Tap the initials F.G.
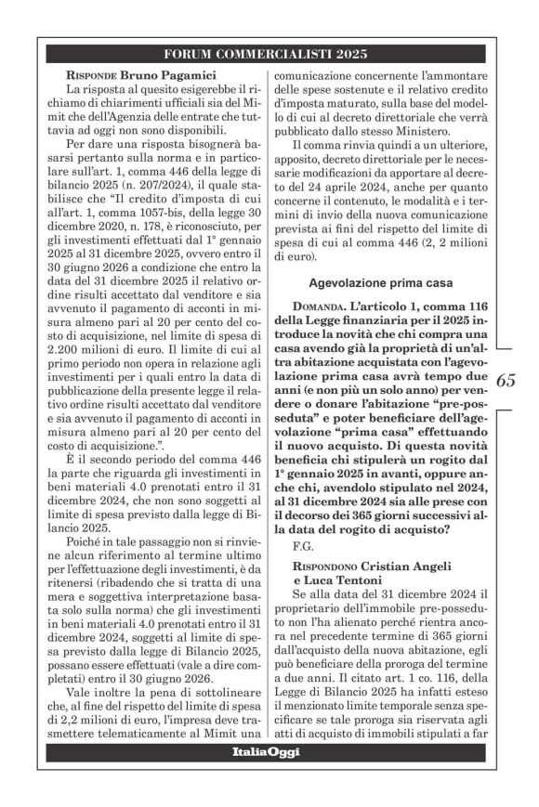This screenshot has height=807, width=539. [x=302, y=544]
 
